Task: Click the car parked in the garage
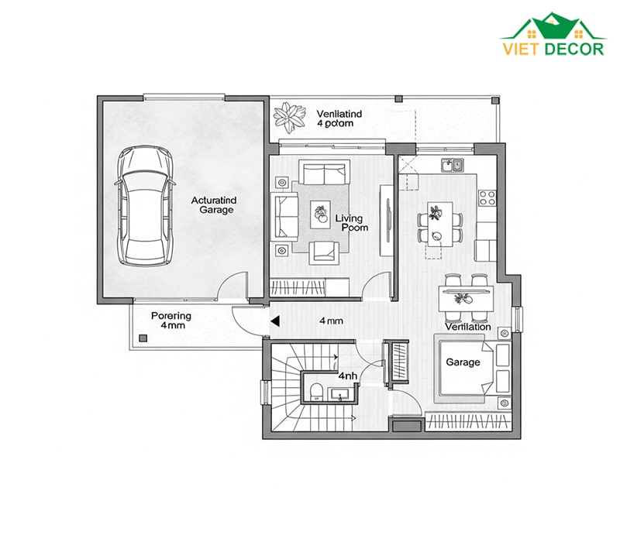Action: [145, 206]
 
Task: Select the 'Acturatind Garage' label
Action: [214, 205]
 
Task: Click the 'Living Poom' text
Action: [352, 223]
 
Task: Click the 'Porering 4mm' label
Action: [171, 321]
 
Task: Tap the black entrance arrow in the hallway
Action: [275, 321]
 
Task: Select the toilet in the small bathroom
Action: [317, 392]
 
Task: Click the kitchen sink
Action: [453, 165]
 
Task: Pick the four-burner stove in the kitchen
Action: [487, 198]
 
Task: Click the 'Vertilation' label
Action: [468, 327]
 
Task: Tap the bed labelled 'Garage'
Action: [464, 369]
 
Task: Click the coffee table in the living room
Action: [321, 214]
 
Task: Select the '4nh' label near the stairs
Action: [347, 376]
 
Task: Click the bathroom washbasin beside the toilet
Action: [339, 394]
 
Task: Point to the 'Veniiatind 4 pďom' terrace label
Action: [339, 118]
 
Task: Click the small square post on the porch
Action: [143, 338]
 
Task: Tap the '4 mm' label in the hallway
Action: [332, 321]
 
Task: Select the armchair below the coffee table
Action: [324, 253]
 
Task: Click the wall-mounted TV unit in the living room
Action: [387, 221]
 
